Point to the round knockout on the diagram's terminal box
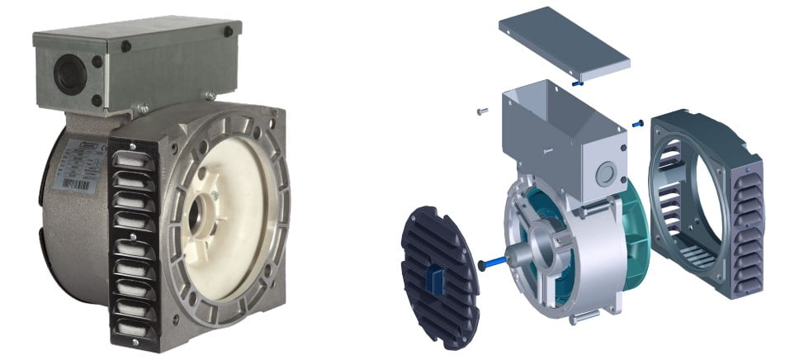coord(608,173)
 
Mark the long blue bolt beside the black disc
coord(495,263)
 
